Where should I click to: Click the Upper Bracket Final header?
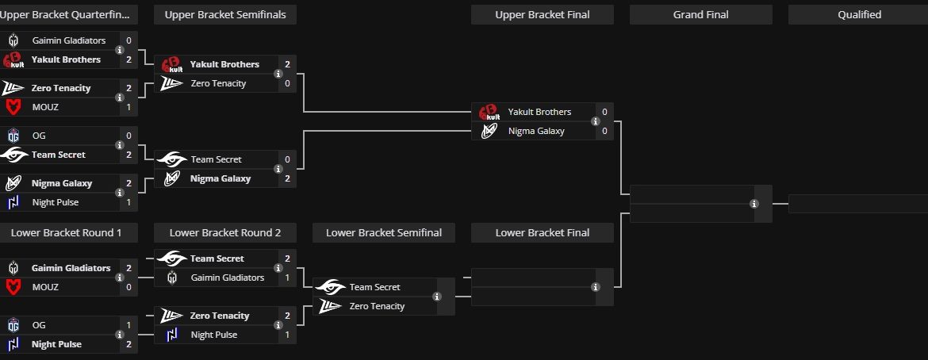point(542,14)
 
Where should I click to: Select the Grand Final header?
point(700,14)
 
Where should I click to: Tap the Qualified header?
point(858,14)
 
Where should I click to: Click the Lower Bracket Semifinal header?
point(383,232)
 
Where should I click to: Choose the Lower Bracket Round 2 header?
point(224,232)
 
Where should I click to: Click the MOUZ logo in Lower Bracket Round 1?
point(13,287)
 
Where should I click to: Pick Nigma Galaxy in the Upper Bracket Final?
point(535,131)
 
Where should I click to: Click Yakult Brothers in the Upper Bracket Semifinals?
point(224,64)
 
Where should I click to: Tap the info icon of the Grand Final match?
point(754,204)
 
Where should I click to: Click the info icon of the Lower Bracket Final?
point(596,287)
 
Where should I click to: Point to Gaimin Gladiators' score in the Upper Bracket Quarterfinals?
point(128,40)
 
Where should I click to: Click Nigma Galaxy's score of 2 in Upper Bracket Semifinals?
point(287,178)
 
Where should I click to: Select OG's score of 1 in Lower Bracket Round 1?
point(128,325)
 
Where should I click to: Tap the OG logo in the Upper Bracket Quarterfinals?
point(13,136)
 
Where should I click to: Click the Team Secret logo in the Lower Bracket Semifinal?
point(330,287)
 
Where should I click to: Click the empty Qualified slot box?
point(858,204)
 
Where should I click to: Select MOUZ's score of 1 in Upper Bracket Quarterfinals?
point(128,107)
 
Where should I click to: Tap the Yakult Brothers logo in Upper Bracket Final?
point(489,112)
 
